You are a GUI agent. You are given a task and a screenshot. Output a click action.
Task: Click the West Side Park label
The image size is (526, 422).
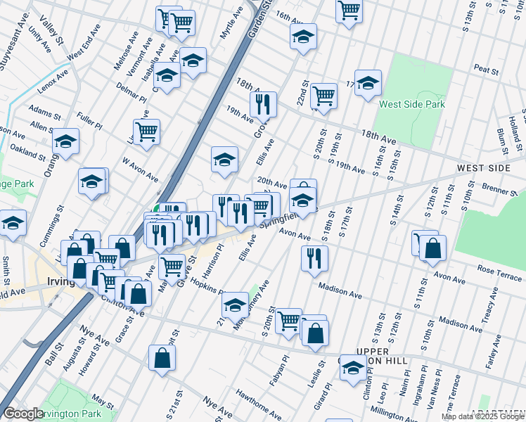coord(411,104)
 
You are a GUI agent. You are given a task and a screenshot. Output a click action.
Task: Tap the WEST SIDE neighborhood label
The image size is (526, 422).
coord(482,169)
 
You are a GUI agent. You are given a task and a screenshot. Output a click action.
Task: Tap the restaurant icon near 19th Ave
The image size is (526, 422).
coord(263,105)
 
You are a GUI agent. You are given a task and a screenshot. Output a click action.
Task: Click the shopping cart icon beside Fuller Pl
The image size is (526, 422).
coord(146,132)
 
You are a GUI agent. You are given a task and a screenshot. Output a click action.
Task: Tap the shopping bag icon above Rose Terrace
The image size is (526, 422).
coord(433,248)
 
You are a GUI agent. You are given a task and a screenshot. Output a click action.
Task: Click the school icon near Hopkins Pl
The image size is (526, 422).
coord(235,305)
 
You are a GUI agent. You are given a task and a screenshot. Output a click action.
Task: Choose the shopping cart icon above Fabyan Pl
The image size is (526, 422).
coord(288,321)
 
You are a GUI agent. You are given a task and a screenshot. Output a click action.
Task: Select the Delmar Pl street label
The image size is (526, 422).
coord(131,94)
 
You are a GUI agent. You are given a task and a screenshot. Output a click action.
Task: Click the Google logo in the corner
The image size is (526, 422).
coord(23,414)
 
